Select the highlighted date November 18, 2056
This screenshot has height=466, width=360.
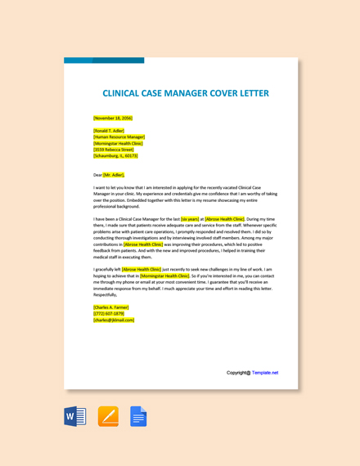tap(113, 118)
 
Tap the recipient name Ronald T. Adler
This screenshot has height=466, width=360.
tap(109, 130)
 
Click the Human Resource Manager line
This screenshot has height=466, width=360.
tap(119, 137)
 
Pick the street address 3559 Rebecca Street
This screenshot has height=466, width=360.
tap(114, 150)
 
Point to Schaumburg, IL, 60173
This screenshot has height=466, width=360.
tap(115, 155)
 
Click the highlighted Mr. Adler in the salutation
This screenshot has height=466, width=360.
tap(114, 175)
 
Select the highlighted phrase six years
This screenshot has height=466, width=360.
tap(190, 219)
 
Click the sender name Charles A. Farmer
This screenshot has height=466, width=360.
tap(111, 307)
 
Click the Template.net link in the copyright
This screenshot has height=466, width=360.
tap(265, 373)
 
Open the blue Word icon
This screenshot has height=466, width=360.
tap(75, 417)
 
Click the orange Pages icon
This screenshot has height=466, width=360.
tap(108, 417)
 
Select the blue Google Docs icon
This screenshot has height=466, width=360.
tap(138, 417)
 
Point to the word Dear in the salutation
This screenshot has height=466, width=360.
tap(98, 175)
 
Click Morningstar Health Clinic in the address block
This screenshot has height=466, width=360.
tap(119, 143)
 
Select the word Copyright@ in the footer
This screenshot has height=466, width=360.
tap(238, 373)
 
